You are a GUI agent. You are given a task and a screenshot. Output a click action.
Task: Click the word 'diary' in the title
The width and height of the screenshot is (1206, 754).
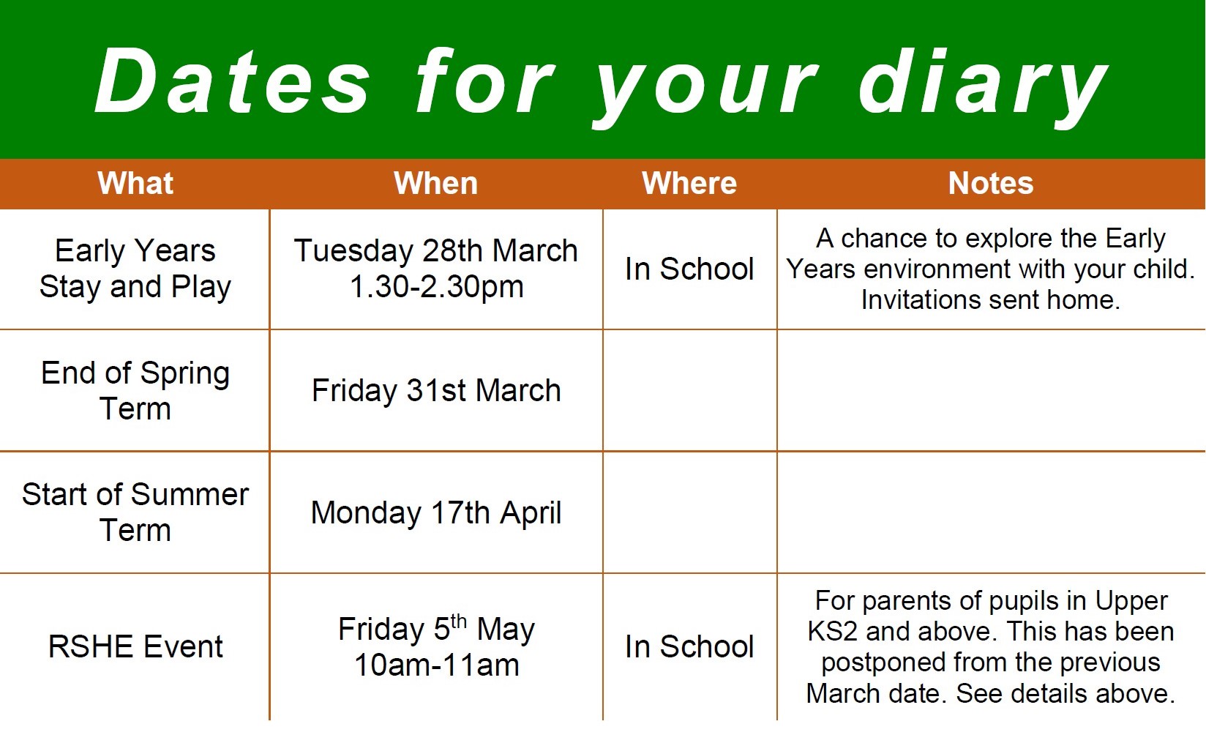click(x=983, y=86)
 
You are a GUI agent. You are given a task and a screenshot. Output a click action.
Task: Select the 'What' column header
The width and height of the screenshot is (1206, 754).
click(x=135, y=183)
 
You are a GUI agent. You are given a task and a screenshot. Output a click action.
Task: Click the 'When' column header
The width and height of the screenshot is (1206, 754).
click(x=435, y=183)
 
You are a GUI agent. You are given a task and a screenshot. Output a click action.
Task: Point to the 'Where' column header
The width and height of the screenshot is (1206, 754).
click(x=689, y=183)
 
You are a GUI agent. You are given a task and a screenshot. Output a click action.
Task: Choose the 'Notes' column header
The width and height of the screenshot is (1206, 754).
click(x=991, y=183)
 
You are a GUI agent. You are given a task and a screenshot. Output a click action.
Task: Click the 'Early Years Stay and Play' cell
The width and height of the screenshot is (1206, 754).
click(x=135, y=268)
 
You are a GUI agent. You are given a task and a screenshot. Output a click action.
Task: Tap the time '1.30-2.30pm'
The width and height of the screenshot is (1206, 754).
click(x=437, y=286)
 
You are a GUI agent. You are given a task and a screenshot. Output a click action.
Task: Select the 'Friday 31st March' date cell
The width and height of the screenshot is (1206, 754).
click(x=436, y=390)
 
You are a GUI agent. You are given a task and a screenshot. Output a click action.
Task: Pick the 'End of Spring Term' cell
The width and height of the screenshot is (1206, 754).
click(x=135, y=390)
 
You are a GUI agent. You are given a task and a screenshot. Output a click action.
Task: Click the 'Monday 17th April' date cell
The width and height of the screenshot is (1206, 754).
click(x=436, y=512)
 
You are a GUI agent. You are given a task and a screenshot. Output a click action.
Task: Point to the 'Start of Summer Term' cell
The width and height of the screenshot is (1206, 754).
click(x=135, y=512)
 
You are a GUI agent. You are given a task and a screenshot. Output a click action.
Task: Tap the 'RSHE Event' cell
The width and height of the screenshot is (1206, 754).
click(x=135, y=646)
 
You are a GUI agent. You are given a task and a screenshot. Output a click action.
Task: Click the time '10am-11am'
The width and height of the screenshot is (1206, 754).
click(x=437, y=665)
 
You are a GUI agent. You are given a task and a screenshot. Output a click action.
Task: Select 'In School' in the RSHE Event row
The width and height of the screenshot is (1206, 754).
click(x=689, y=646)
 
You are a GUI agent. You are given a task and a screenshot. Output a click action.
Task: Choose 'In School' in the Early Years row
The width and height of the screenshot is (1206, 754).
click(x=689, y=269)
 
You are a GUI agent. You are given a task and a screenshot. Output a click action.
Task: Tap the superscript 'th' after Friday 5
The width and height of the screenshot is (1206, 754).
click(x=458, y=621)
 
